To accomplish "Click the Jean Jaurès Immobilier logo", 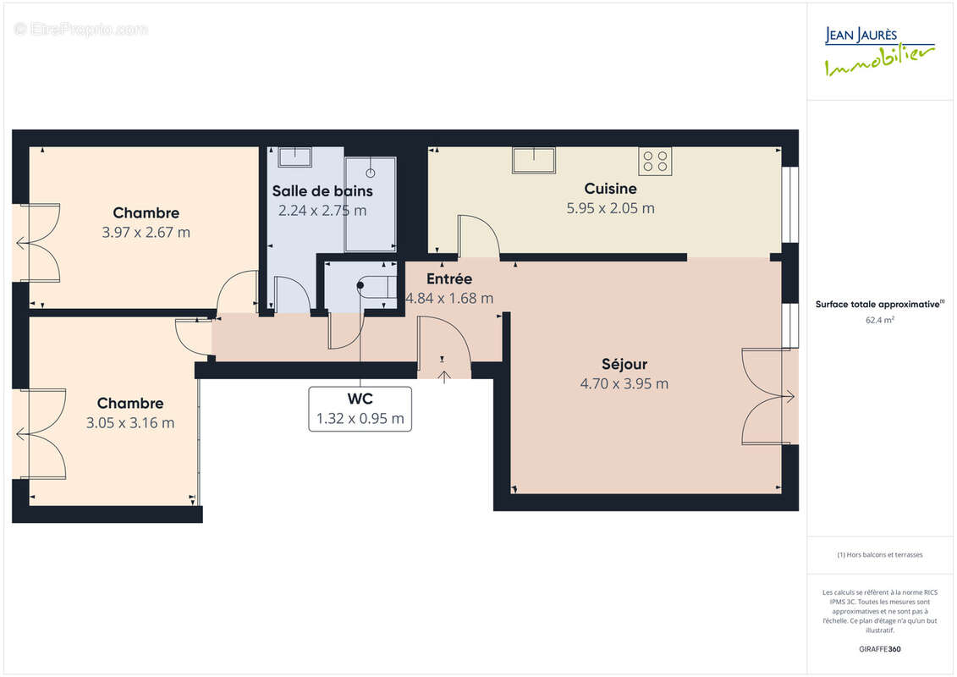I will (x=879, y=52).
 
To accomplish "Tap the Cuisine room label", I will (x=610, y=189).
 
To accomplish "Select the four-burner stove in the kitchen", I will (x=655, y=161).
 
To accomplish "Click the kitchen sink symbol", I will (x=533, y=160).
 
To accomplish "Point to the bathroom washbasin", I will (x=294, y=157).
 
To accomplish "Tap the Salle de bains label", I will (x=322, y=191).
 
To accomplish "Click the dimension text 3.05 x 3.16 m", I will (x=130, y=422).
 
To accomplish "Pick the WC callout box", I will (x=360, y=409).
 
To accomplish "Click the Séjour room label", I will (x=624, y=364).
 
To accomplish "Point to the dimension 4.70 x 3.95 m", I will (x=624, y=383).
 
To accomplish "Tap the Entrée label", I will (x=448, y=278).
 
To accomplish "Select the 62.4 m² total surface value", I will (x=880, y=320).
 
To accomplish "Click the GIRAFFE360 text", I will (x=880, y=649).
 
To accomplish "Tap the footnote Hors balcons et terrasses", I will (x=880, y=555).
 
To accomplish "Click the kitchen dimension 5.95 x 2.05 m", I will (x=610, y=208).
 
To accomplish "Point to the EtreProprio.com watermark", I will (x=81, y=30).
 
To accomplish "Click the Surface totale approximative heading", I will (x=880, y=304).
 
